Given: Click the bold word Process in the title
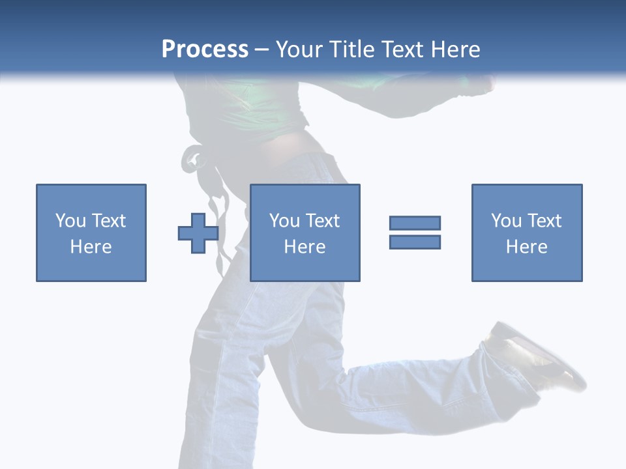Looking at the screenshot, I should coord(205,50).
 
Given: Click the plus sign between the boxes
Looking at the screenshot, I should coord(198,233).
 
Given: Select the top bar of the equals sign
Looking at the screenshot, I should coord(415,223).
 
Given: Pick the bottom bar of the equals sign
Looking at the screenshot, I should coord(415,242).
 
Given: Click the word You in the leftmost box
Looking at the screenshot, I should coord(70,221).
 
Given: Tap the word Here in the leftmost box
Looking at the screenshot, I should coord(91,247).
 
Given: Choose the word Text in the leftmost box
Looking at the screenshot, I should coord(108,221).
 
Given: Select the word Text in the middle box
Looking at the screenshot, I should coord(322,221).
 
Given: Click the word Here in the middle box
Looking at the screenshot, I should coord(305,247).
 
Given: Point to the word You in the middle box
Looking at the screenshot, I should coord(284,221).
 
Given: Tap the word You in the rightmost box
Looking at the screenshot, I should coord(506,221).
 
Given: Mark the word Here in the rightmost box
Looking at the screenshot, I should coord(526,247).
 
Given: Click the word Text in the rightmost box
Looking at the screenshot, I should coord(544,221).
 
